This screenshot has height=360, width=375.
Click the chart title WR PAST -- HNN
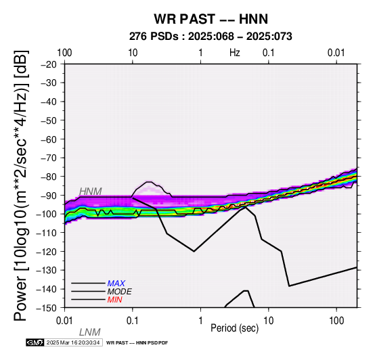pos(211,19)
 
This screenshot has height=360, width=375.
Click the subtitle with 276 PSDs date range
pos(211,37)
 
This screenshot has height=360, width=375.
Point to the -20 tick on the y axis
pos(49,64)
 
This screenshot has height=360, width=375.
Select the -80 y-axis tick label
pos(49,177)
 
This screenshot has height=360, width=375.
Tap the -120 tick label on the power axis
pos(47,251)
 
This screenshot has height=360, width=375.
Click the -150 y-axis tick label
pos(47,308)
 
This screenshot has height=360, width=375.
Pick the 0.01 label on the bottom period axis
pos(64,321)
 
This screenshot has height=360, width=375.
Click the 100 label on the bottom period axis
pos(336,321)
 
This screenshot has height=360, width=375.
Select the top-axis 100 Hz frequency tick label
pos(64,53)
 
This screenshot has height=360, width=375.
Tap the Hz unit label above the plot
pos(235,53)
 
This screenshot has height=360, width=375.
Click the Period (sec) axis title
pos(235,328)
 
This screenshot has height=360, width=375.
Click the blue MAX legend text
pos(116,284)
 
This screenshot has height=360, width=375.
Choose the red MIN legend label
pos(114,300)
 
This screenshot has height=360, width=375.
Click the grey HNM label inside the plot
pos(91,192)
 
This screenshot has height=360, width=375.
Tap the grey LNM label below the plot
pos(89,332)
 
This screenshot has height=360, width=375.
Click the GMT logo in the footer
pos(35,342)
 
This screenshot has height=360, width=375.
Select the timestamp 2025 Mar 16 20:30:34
pos(73,342)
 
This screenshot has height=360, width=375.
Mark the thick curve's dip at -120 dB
pos(194,251)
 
